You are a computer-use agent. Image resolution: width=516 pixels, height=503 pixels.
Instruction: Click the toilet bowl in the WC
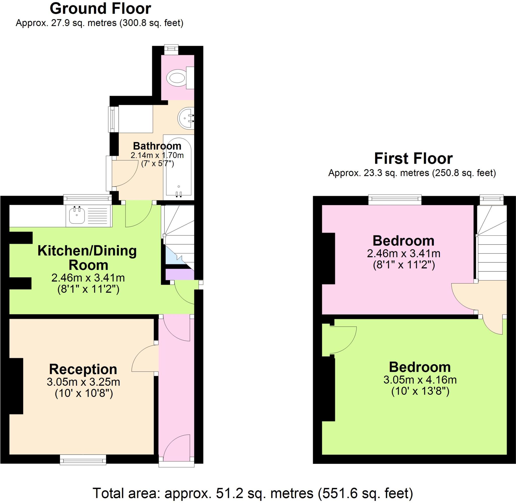(x=176, y=78)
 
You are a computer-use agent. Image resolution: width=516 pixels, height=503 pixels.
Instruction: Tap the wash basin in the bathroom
(x=185, y=118)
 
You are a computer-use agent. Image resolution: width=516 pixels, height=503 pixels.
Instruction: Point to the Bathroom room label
(x=157, y=146)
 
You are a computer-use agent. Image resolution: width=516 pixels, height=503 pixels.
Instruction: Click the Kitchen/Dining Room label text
(x=87, y=258)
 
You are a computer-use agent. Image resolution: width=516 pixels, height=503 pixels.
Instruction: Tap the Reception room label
(x=83, y=369)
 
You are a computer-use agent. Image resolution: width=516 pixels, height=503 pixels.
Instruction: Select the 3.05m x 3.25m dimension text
(x=83, y=382)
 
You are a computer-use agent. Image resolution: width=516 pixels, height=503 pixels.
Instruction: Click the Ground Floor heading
(x=100, y=9)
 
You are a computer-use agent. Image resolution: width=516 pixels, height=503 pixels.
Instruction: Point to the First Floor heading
(x=413, y=158)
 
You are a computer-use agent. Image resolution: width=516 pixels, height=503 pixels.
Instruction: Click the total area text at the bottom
(x=252, y=493)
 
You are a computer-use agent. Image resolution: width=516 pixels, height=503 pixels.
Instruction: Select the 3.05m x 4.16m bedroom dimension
(x=420, y=380)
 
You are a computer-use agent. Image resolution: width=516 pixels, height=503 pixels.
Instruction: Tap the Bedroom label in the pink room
(x=403, y=241)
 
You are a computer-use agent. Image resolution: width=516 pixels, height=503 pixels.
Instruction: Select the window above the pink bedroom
(x=395, y=200)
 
